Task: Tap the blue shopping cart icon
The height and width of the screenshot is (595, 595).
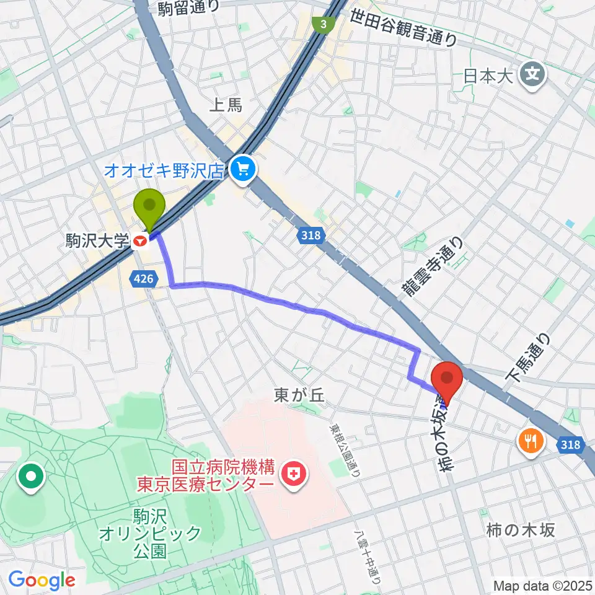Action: pos(242,169)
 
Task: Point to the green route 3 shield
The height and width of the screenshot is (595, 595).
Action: pos(324,25)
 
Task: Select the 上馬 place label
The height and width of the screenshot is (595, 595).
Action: pos(226,105)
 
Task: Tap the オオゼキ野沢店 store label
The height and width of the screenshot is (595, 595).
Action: pos(163,170)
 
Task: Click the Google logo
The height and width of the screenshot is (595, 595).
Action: pos(42,580)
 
